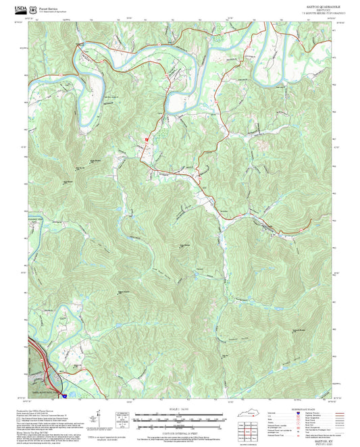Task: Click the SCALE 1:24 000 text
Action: [x=179, y=409]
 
